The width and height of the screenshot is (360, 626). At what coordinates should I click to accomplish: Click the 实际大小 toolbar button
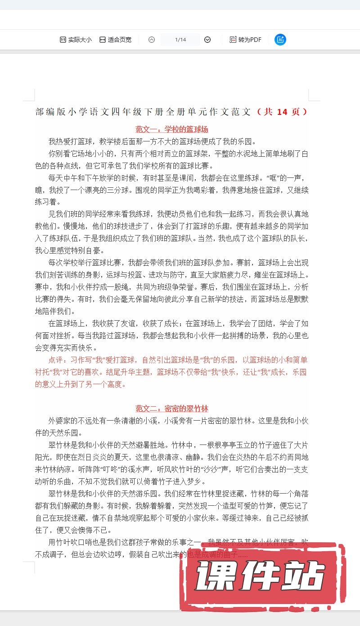[76, 40]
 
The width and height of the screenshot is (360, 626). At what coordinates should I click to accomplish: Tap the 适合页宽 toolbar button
[115, 40]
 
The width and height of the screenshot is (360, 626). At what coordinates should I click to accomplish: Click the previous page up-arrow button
[152, 40]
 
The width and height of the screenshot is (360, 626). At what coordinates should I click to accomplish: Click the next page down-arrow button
[207, 40]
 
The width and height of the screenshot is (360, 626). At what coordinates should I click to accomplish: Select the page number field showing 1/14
[180, 40]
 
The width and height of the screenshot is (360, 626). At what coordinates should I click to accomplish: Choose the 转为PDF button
[245, 40]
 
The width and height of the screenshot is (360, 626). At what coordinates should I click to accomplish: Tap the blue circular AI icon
[280, 40]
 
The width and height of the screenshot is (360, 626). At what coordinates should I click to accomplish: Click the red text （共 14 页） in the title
[282, 112]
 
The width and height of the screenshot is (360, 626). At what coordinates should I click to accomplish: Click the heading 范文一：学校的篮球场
[172, 129]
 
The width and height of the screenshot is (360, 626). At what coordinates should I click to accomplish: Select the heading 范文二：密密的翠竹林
[172, 408]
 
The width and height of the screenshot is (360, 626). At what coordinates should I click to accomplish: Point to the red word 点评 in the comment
[57, 360]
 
